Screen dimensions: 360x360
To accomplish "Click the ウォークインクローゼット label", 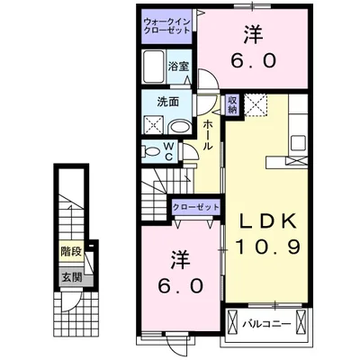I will pos(166,24).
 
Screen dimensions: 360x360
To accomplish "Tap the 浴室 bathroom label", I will pos(178,66).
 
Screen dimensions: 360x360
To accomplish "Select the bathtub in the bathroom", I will pos(153,66).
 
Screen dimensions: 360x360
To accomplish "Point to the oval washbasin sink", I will pos(179,126).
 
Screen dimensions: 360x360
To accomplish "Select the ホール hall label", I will pos(208,135).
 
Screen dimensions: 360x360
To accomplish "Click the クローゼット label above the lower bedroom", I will pos(196,208).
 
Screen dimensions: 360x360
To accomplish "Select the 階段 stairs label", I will pos(69,256).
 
